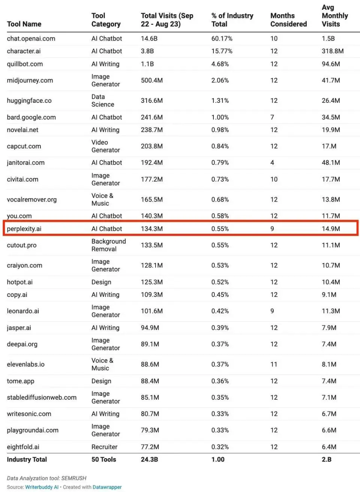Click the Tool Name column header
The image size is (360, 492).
click(x=24, y=24)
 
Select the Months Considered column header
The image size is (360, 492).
click(x=288, y=20)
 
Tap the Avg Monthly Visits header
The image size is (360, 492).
click(x=334, y=16)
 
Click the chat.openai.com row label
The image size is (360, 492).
click(x=31, y=39)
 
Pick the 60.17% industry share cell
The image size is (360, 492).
click(x=222, y=39)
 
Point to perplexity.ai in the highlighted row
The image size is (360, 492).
click(x=24, y=229)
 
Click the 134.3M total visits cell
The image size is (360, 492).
click(x=151, y=229)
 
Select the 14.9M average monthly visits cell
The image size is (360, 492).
click(x=331, y=229)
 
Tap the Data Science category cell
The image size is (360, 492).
click(x=103, y=101)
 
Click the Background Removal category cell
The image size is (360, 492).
click(x=108, y=245)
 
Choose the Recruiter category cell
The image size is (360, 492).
click(x=104, y=447)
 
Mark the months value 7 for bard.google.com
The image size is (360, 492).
click(x=272, y=117)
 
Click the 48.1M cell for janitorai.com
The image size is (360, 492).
click(x=331, y=162)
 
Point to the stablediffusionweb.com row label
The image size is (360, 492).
click(x=42, y=397)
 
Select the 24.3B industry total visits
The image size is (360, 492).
click(x=149, y=459)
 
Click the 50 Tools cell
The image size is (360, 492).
click(x=104, y=459)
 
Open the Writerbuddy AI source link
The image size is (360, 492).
click(x=42, y=487)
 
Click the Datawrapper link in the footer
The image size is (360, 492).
click(x=107, y=487)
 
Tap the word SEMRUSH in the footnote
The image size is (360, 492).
click(x=74, y=478)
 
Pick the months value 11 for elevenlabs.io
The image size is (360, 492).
click(x=274, y=364)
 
